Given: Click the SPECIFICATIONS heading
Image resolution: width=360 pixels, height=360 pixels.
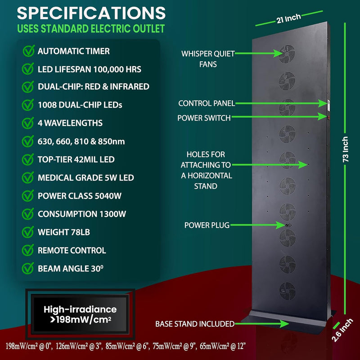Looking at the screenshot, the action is click(91, 13).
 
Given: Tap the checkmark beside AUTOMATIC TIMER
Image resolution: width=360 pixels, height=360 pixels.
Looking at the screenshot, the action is click(29, 51).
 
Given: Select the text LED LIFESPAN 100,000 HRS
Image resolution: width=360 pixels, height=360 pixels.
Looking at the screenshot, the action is click(90, 69).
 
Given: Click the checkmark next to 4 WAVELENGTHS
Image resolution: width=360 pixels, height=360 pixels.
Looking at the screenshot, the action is click(28, 123).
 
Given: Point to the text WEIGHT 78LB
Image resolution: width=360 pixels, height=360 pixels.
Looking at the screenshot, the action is click(64, 232).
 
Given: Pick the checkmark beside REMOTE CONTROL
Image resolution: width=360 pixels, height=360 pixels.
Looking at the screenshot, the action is click(28, 250).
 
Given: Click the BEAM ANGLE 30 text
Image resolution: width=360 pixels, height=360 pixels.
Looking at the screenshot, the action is click(71, 268).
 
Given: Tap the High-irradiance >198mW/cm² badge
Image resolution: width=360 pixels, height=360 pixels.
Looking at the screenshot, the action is click(80, 314).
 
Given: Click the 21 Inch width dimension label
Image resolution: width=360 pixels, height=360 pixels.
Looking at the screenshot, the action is click(288, 18).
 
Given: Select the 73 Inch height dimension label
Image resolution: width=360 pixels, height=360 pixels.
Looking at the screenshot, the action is click(345, 149).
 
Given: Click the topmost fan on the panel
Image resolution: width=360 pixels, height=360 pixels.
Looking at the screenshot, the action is click(287, 54).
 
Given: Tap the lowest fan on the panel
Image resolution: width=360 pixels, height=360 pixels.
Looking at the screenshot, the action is click(287, 291).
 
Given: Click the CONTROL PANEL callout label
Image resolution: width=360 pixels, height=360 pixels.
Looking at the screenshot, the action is click(207, 103).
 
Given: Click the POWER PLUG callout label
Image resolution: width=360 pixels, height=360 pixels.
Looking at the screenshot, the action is click(207, 225).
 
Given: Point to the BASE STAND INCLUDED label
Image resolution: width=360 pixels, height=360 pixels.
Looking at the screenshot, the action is click(195, 324).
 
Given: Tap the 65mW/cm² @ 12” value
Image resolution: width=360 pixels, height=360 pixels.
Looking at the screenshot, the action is click(223, 346).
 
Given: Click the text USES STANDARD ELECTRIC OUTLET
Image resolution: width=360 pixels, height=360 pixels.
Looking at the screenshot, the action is click(91, 29).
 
